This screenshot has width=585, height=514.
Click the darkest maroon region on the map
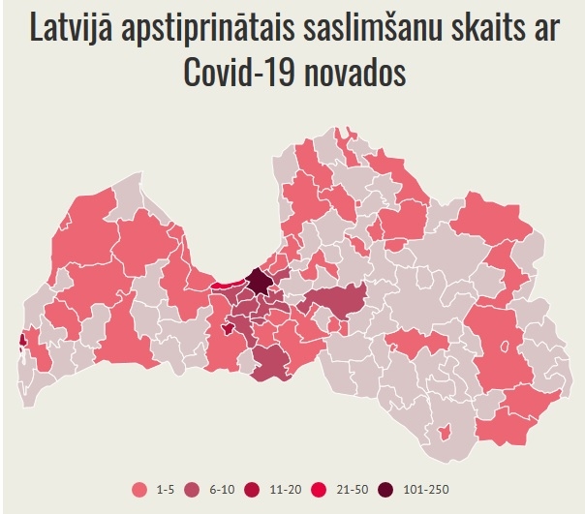tap(261, 284)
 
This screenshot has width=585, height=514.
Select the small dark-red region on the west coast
tap(22, 340)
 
